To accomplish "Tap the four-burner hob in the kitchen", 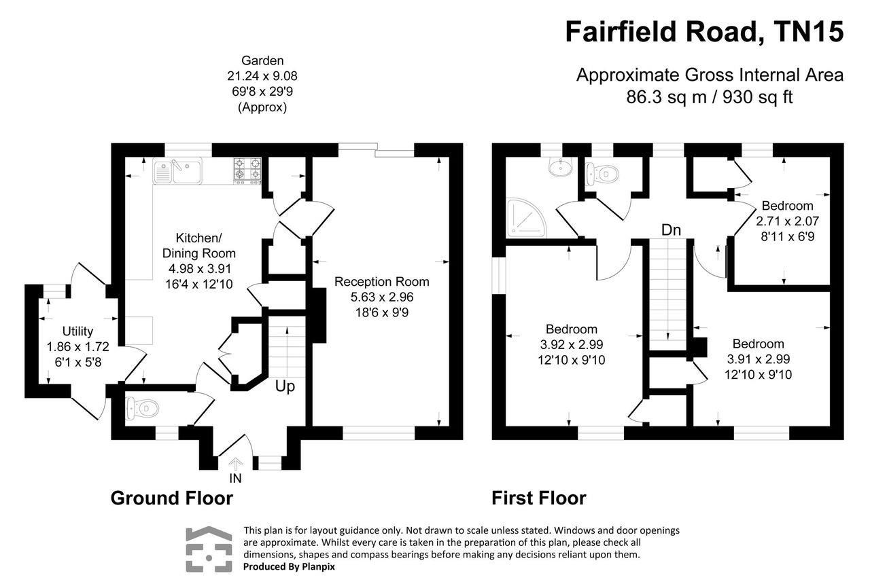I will pyautogui.click(x=247, y=170).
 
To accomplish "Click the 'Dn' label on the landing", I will pyautogui.click(x=671, y=230).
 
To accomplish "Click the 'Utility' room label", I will pyautogui.click(x=77, y=331).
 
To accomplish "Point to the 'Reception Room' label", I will pyautogui.click(x=382, y=282).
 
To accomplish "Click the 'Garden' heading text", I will pyautogui.click(x=262, y=61).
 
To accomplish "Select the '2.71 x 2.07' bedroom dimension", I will pyautogui.click(x=787, y=221).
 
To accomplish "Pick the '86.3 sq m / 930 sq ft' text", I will pyautogui.click(x=710, y=97).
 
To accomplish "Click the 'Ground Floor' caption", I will pyautogui.click(x=171, y=498).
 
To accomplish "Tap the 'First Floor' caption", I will pyautogui.click(x=539, y=498).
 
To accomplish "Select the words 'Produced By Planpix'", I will pyautogui.click(x=289, y=566).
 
